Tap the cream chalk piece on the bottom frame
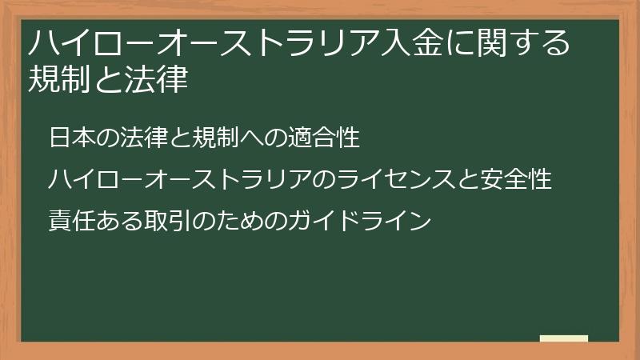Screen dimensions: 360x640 point(564,339)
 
